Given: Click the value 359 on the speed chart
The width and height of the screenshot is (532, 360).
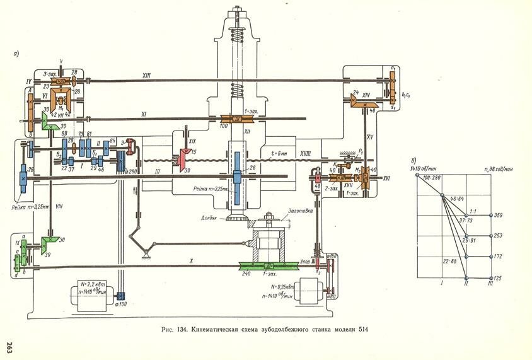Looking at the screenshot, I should point(498,216).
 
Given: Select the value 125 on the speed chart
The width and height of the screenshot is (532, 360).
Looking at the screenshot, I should point(498,278).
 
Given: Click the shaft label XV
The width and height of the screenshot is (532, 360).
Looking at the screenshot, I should point(371,136).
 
